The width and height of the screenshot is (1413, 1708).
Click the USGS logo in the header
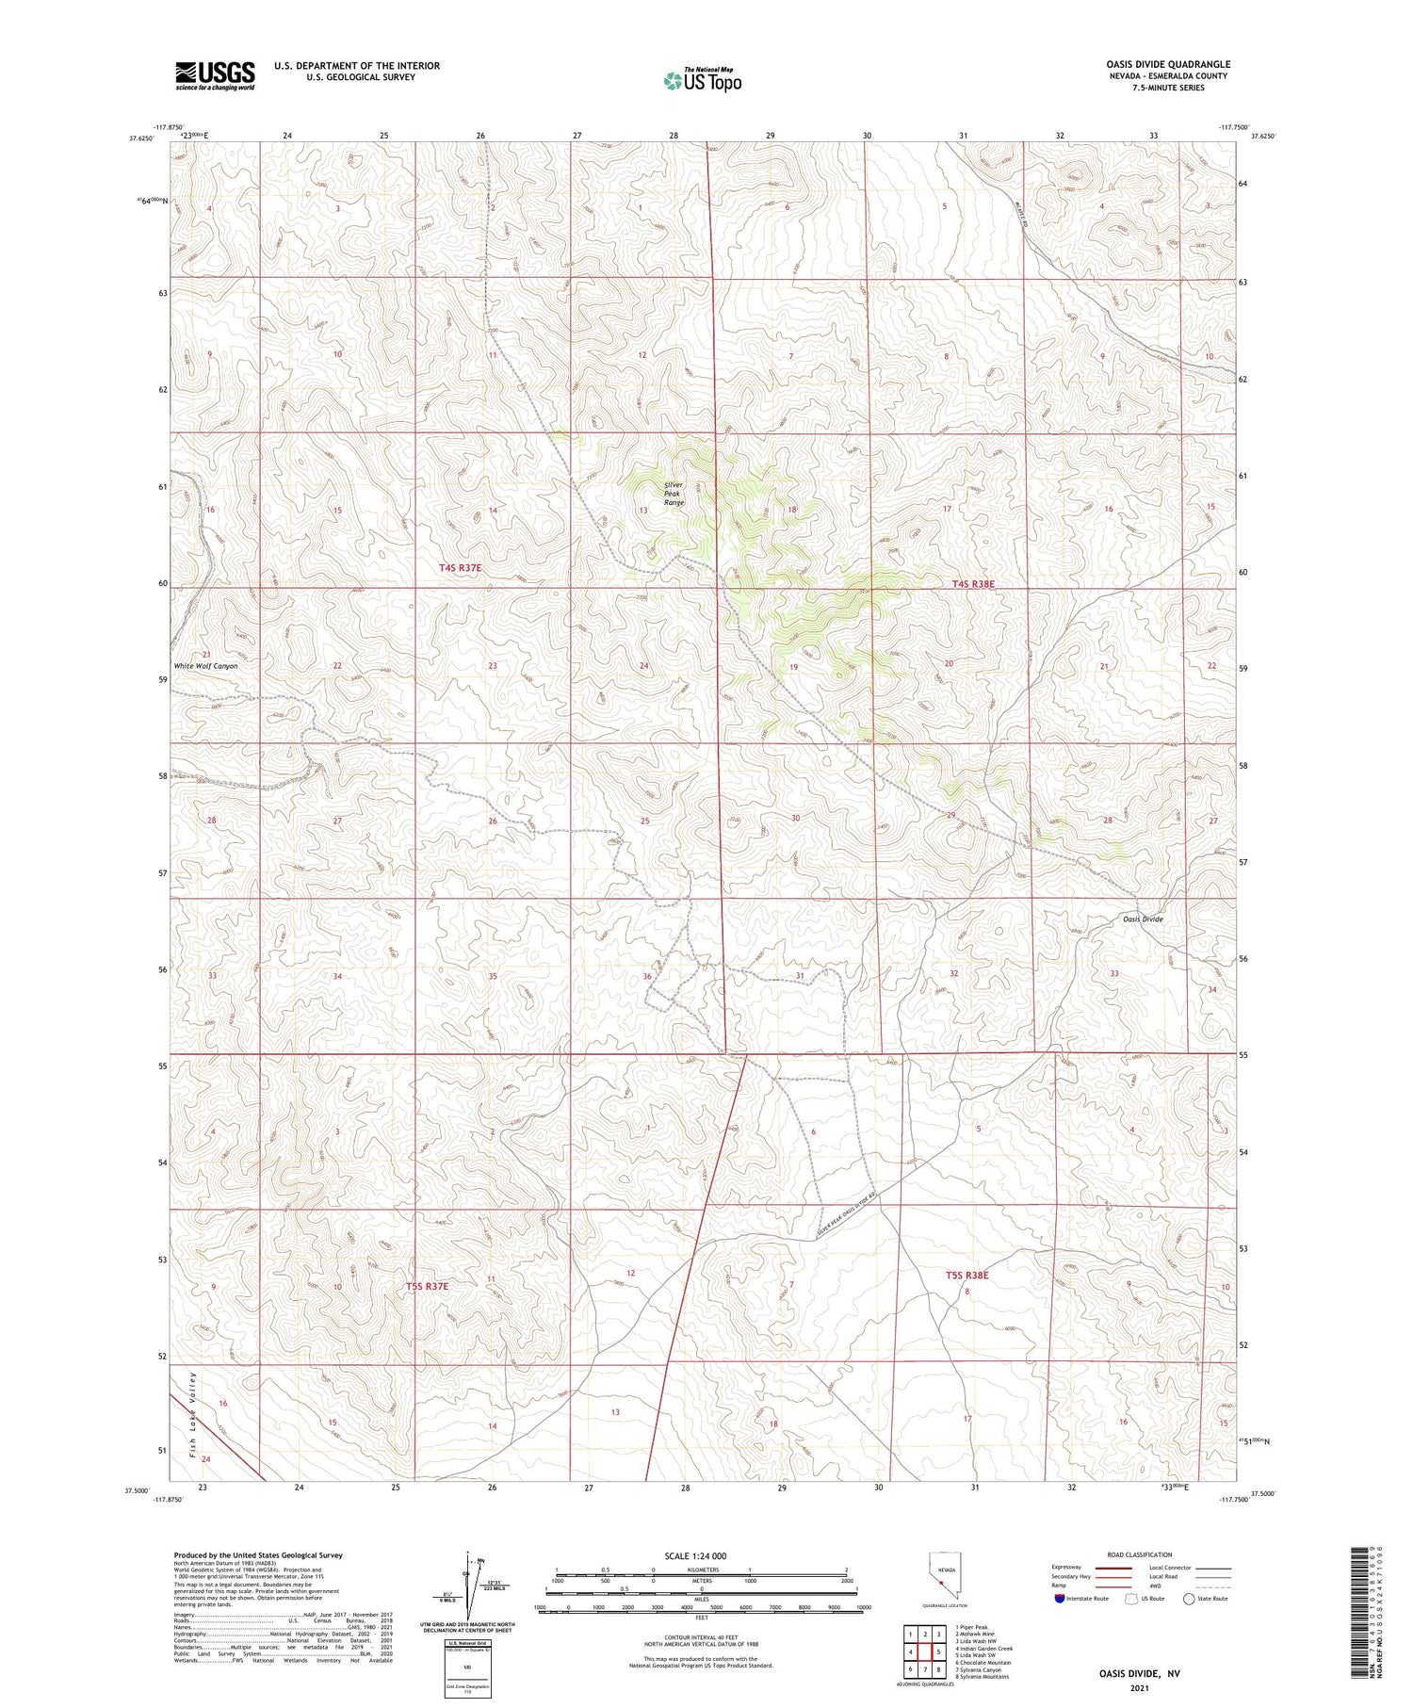(x=215, y=75)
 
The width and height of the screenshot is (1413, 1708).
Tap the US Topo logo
(x=703, y=81)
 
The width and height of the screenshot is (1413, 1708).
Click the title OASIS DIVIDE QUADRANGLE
(x=1168, y=64)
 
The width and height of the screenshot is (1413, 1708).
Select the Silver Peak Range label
(x=673, y=494)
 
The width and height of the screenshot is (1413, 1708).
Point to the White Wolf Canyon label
(x=205, y=666)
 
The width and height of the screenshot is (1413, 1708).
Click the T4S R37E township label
(x=461, y=568)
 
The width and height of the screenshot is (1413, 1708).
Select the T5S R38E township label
(x=966, y=1275)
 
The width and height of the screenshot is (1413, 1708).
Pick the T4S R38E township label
(x=973, y=584)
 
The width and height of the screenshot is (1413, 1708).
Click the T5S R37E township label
(x=428, y=1286)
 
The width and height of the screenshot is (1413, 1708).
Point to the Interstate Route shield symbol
(x=1060, y=1599)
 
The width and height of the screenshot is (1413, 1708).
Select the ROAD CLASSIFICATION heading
(x=1140, y=1554)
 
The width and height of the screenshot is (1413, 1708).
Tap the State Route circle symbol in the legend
(x=1189, y=1599)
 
